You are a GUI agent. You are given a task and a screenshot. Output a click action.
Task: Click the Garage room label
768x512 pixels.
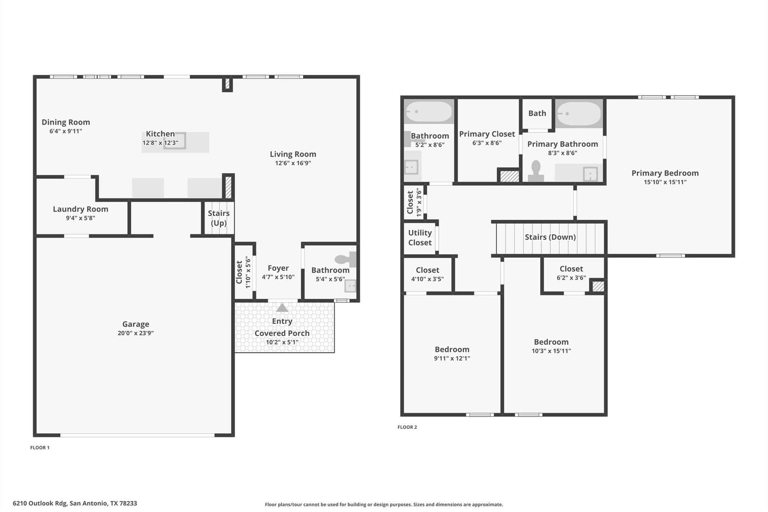coord(135,324)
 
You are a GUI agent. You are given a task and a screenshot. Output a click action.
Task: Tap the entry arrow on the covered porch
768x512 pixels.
coord(282,308)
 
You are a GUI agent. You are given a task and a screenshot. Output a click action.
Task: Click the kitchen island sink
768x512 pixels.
coord(174,141)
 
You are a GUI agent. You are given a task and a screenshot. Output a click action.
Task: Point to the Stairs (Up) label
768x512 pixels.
coord(219,218)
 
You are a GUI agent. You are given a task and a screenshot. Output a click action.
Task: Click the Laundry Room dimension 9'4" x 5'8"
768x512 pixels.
coord(80,218)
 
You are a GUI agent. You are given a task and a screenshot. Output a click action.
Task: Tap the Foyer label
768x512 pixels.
coord(278,268)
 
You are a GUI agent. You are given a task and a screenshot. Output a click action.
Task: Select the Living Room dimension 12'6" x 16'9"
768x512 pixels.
coord(292,163)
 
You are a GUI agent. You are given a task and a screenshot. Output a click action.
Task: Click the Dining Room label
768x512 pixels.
coord(66,122)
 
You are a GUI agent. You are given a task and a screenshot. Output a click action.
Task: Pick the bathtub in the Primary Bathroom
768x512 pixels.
coord(579,113)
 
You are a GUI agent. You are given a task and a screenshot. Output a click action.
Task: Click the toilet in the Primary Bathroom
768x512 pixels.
coord(536,171)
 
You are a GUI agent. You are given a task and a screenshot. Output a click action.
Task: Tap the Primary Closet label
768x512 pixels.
coord(487,134)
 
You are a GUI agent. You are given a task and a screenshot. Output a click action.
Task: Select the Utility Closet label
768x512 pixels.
coord(420,237)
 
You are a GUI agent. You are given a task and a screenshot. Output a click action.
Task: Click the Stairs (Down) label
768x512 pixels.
coord(550,237)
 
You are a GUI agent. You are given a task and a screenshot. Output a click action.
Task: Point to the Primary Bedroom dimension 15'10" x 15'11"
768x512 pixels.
coord(665,182)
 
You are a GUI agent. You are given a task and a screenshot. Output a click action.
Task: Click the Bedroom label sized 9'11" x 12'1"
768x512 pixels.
coord(452,349)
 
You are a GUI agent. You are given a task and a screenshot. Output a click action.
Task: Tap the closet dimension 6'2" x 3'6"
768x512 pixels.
coord(571,278)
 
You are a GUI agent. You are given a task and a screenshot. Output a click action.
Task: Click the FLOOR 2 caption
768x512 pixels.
coord(407,427)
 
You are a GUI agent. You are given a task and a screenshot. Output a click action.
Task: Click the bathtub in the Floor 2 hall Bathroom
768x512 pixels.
coord(429,112)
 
